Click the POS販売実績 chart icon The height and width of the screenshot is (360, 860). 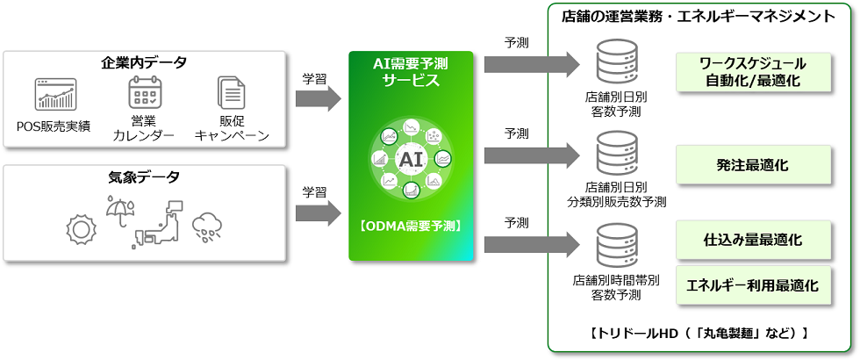[x=56, y=94]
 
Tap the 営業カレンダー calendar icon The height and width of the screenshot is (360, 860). [x=143, y=93]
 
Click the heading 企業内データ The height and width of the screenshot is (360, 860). [x=144, y=62]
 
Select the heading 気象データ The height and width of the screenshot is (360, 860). [x=144, y=177]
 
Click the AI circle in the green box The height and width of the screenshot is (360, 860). [x=411, y=161]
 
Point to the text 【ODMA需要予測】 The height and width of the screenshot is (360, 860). [x=411, y=226]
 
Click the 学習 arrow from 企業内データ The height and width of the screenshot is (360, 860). [x=317, y=98]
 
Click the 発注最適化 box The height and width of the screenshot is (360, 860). [x=753, y=164]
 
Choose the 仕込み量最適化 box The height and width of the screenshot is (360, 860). [x=753, y=239]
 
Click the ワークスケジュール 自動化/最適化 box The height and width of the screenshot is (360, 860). [x=753, y=72]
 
